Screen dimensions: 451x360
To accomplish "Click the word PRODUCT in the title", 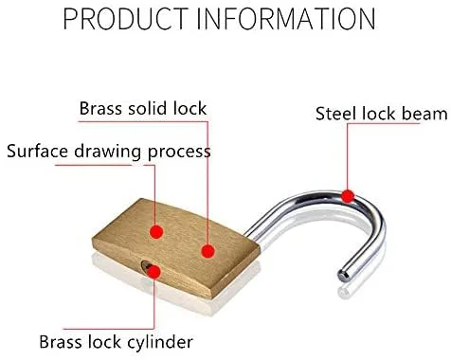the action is (126, 19).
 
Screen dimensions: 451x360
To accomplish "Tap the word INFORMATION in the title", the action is (286, 19).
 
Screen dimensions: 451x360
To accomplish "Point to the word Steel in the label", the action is (336, 114).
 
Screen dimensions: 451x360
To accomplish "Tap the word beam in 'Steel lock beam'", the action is (424, 114).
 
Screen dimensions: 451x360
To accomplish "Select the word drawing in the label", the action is (108, 153).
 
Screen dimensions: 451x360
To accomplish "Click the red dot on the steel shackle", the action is (348, 196).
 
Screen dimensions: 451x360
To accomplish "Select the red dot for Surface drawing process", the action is (156, 232).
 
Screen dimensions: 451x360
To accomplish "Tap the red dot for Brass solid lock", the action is (208, 251).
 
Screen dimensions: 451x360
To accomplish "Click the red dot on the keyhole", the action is (154, 272).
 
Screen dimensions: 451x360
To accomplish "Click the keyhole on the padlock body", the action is (146, 266).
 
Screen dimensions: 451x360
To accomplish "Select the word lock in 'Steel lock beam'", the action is (379, 114).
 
